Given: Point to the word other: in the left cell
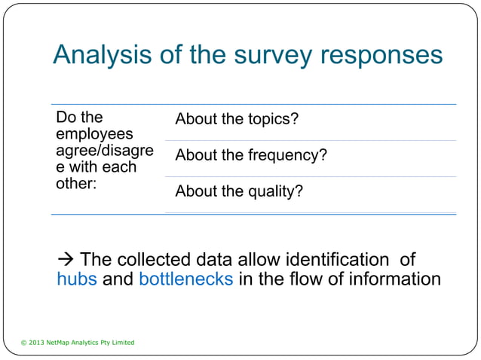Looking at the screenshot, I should pos(76,183).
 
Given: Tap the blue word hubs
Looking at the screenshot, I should pos(77,279).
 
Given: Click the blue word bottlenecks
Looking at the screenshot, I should pos(185,279).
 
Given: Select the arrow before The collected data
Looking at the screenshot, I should pos(66,261).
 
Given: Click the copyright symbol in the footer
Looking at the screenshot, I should pos(23,343).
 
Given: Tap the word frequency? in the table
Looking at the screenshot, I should pos(289,156).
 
